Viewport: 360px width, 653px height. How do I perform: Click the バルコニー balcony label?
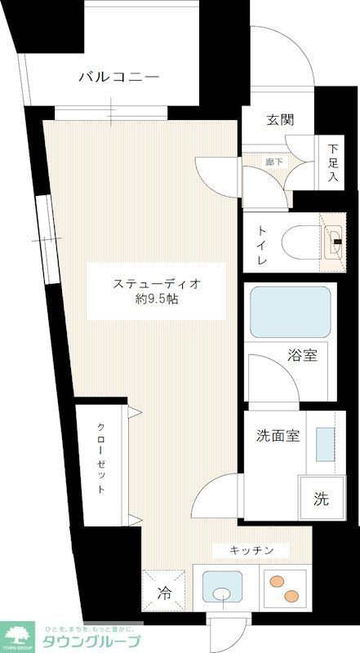tap(118, 78)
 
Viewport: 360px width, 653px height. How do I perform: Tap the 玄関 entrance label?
tap(279, 119)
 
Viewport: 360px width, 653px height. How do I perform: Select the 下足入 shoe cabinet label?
tap(333, 162)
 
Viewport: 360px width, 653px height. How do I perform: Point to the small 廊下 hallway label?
tap(274, 162)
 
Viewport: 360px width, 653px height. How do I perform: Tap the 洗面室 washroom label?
tap(273, 435)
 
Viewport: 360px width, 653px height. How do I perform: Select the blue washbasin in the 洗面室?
tap(324, 442)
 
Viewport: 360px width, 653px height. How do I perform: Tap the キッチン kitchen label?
tap(251, 549)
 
